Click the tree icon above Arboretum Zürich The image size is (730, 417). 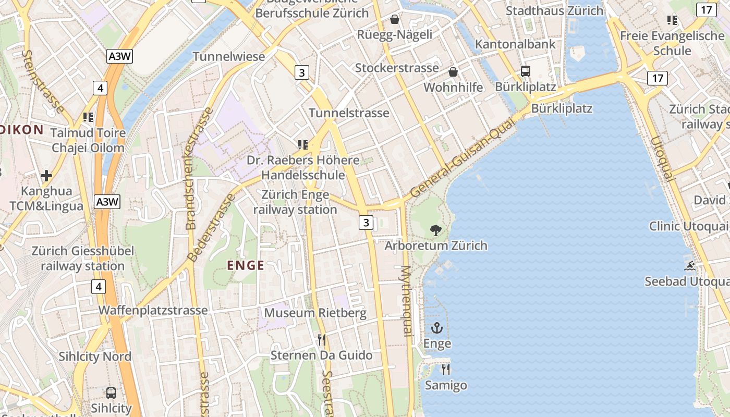pos(436,230)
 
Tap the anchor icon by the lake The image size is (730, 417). pos(436,328)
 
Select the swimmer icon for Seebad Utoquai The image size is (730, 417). pos(690,266)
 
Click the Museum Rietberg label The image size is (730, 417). pos(315,313)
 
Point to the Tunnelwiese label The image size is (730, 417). pos(229,56)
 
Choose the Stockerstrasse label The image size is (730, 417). pos(397,68)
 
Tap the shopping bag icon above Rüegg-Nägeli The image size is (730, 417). pos(395,20)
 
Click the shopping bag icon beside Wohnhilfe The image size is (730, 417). pos(453,72)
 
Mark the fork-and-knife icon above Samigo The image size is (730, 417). pos(446,370)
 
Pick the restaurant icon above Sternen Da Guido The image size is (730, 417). pos(322,340)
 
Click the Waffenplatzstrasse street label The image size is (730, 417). pos(153,310)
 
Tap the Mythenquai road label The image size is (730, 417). pos(407,300)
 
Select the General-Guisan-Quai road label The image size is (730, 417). pos(462,157)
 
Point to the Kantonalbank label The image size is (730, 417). pos(515,44)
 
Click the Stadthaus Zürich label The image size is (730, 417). pos(554,10)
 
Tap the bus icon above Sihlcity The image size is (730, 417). pos(111,393)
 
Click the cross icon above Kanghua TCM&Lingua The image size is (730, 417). pos(46,176)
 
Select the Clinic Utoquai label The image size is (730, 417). pos(688,226)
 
